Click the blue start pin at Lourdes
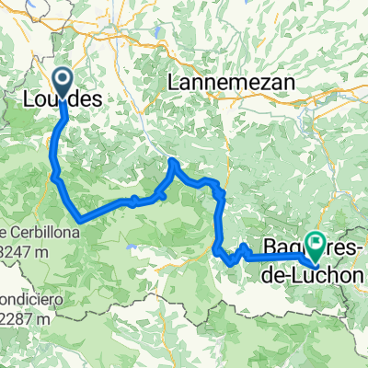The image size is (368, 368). click(x=63, y=82)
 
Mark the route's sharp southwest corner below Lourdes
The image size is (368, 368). click(x=83, y=220)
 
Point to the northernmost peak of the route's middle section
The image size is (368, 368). click(x=172, y=162)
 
